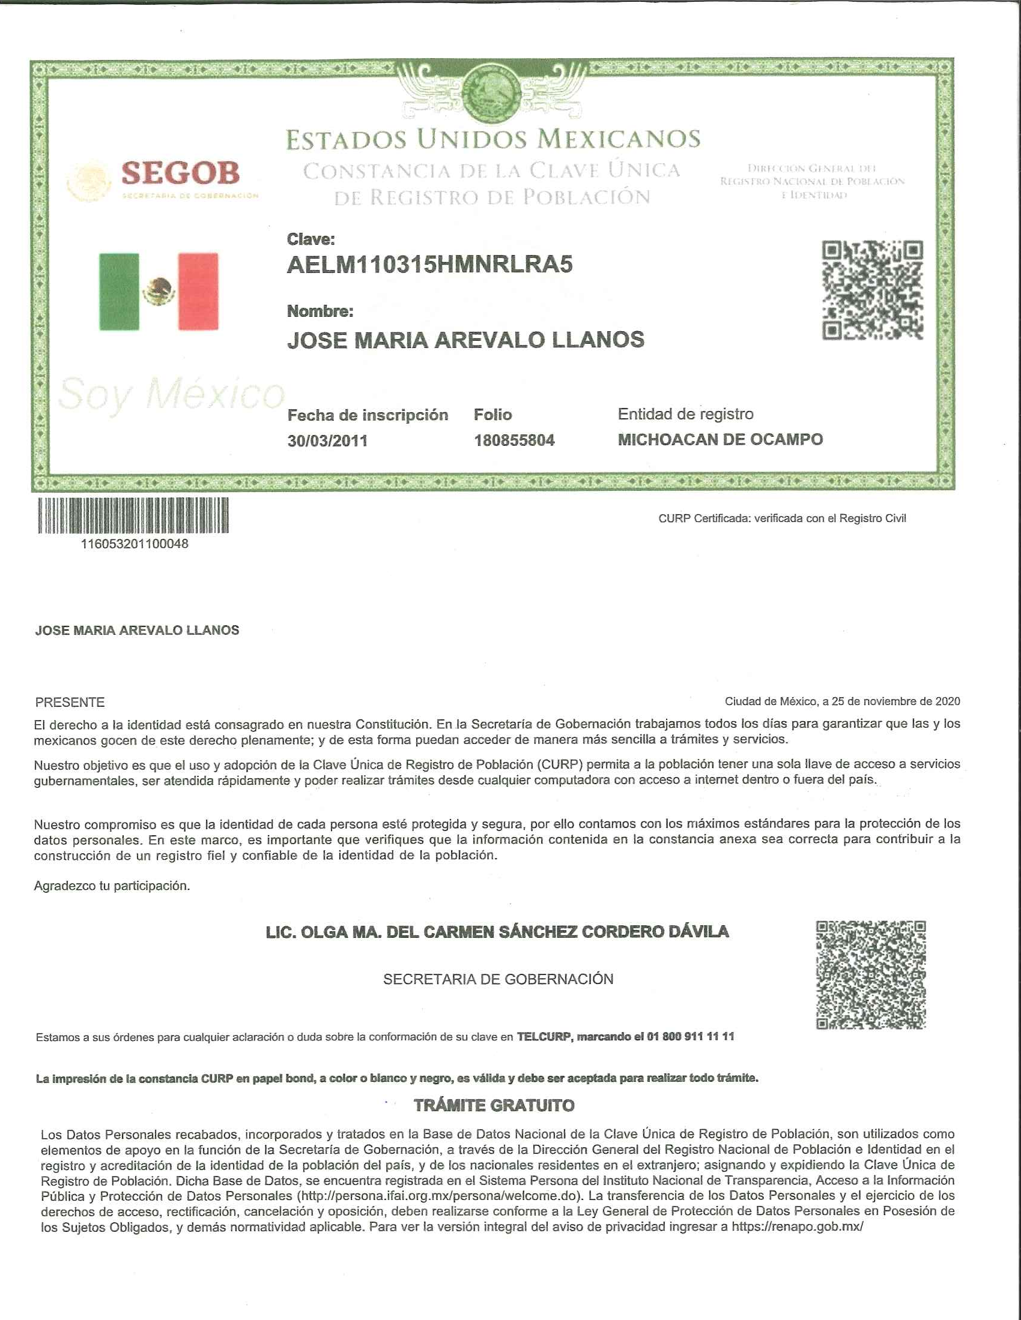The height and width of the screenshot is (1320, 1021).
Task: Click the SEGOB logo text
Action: click(x=180, y=173)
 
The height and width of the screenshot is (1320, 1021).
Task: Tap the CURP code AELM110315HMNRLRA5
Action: click(x=429, y=265)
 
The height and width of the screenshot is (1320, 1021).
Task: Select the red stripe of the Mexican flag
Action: click(x=198, y=292)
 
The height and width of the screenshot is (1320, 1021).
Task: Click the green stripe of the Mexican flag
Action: click(x=119, y=292)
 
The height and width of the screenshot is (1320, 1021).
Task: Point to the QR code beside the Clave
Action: click(x=871, y=290)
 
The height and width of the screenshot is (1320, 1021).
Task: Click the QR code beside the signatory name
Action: click(x=870, y=974)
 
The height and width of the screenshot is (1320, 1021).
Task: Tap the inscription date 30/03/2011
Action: click(x=327, y=440)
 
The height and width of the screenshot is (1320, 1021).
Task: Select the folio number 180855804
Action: click(x=514, y=440)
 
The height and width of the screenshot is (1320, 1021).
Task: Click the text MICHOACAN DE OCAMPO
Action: click(x=720, y=439)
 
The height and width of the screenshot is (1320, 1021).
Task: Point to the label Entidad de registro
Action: click(x=685, y=414)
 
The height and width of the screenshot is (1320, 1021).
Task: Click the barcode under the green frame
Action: click(x=133, y=515)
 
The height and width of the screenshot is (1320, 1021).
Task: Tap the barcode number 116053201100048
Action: click(x=135, y=544)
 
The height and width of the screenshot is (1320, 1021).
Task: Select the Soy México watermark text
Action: click(x=171, y=394)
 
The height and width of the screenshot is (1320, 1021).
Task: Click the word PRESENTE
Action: click(x=70, y=703)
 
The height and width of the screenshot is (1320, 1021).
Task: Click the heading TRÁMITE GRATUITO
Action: click(x=494, y=1105)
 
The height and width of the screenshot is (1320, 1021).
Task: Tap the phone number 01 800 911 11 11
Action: click(x=690, y=1037)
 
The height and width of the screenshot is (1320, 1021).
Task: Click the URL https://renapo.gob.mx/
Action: click(x=797, y=1226)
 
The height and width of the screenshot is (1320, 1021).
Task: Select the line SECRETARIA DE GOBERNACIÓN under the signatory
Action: click(x=498, y=979)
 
